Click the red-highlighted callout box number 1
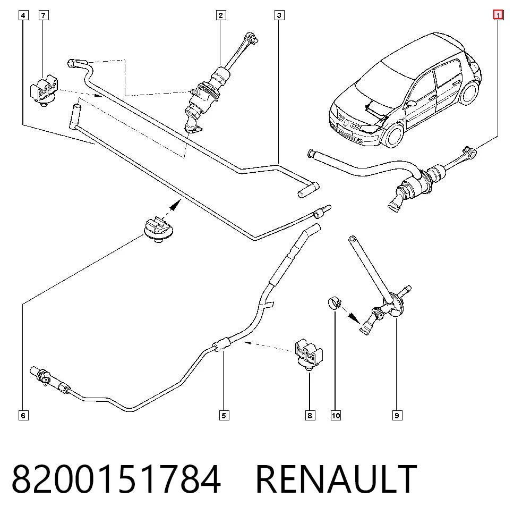(x=498, y=15)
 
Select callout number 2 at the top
(x=221, y=15)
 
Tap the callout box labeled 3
(x=279, y=15)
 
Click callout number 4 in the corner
(x=23, y=15)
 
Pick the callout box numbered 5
(x=224, y=415)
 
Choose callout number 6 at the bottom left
(x=23, y=415)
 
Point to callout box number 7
(x=44, y=15)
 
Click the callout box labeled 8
(x=310, y=415)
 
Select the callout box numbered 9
(x=397, y=415)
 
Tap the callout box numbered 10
(x=336, y=415)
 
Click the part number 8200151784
(x=116, y=479)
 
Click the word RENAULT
(x=336, y=479)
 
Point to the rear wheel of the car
(x=469, y=92)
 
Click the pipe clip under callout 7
(x=44, y=91)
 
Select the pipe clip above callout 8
(x=309, y=354)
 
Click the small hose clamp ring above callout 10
(x=335, y=302)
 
